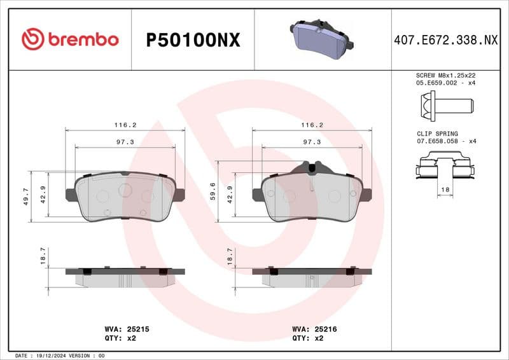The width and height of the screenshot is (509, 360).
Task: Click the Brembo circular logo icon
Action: [33, 39]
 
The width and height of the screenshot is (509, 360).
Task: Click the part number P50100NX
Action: [193, 40]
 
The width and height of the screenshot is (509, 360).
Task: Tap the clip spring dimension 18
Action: [445, 190]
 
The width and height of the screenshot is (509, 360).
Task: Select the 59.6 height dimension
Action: [212, 191]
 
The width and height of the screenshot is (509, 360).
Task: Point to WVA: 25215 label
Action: [127, 329]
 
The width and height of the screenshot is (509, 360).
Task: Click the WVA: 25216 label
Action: [314, 329]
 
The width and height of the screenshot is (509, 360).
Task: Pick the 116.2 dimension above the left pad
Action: [125, 125]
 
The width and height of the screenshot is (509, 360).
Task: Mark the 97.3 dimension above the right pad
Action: [312, 142]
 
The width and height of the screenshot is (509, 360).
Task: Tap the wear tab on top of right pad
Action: [312, 167]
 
